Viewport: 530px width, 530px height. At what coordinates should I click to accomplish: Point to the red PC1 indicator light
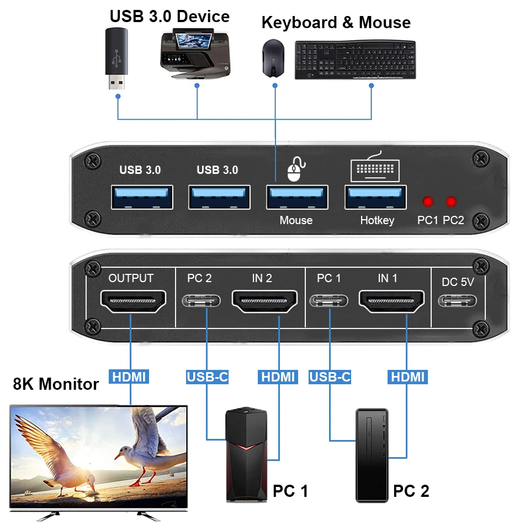coord(427,202)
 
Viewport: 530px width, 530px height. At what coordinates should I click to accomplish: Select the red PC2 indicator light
coord(452,202)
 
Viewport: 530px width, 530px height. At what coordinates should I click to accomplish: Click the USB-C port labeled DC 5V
coord(458,301)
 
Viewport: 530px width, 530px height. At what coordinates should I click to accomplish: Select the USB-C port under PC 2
coord(202,301)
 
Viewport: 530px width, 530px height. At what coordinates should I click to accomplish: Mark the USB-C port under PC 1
coord(328,301)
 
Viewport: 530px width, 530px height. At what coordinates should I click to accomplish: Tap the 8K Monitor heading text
coord(56,384)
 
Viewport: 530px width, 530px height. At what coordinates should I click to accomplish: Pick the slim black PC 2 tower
coord(372,455)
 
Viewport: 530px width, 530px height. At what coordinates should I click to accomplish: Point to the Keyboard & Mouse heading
coord(336,23)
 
